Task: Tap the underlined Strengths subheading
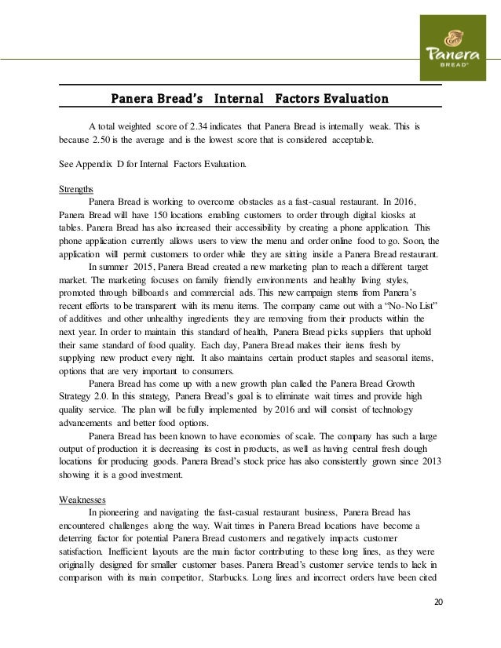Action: (x=76, y=189)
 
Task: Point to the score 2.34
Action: (x=196, y=126)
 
